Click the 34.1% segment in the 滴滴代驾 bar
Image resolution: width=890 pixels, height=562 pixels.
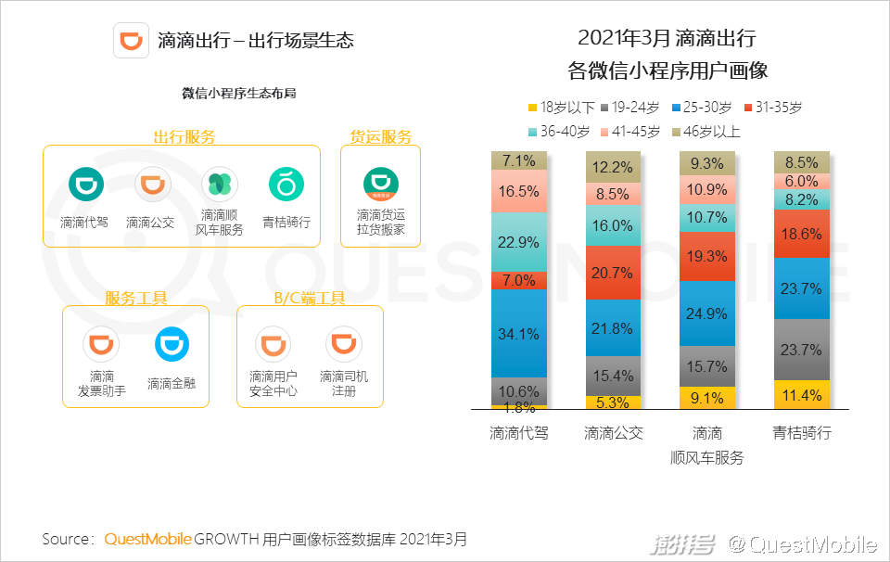point(519,334)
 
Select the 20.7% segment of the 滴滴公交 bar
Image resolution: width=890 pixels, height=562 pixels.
point(613,273)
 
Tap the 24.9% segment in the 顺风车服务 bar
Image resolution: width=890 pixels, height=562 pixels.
point(707,313)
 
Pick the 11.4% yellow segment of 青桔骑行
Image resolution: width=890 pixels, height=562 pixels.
point(802,395)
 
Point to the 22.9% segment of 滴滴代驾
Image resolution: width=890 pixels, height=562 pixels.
point(519,242)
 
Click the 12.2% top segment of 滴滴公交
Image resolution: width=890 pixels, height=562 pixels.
point(613,167)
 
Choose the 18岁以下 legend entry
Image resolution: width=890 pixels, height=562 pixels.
point(561,108)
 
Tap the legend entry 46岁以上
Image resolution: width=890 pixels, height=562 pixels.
point(706,132)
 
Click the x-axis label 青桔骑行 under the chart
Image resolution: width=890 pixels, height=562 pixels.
point(802,433)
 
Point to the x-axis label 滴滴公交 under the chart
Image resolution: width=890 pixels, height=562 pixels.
point(613,433)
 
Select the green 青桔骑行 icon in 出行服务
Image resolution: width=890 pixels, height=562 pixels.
point(286,185)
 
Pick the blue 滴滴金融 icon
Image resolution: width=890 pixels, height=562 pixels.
point(172,345)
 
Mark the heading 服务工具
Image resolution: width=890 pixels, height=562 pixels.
point(135,299)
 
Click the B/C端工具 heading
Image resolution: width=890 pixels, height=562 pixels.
point(309,299)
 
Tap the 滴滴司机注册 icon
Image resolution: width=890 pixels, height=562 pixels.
point(343,345)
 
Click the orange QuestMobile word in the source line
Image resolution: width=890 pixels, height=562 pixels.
point(147,539)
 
